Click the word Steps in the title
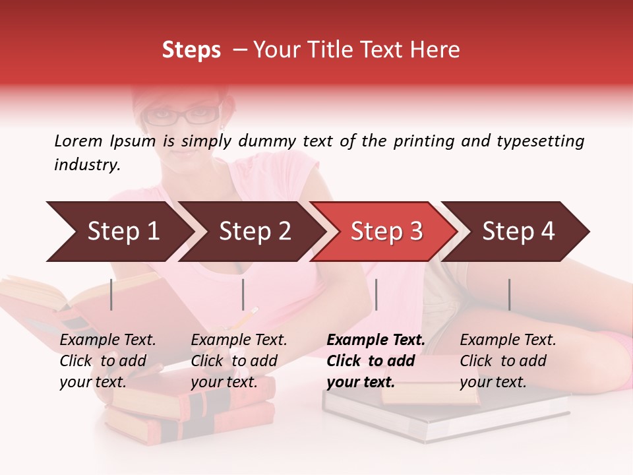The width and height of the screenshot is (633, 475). (191, 50)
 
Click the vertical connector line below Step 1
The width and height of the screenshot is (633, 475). (111, 294)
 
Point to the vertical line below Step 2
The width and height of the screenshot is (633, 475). (243, 294)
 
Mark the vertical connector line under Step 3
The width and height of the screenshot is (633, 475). (376, 294)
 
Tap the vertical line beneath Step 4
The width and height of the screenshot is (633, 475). (509, 294)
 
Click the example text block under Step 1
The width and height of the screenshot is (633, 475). (107, 361)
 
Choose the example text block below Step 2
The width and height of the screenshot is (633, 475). (239, 361)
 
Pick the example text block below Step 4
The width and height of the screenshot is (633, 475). (508, 361)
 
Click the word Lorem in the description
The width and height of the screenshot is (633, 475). (78, 141)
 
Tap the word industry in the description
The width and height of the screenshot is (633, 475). (86, 164)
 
